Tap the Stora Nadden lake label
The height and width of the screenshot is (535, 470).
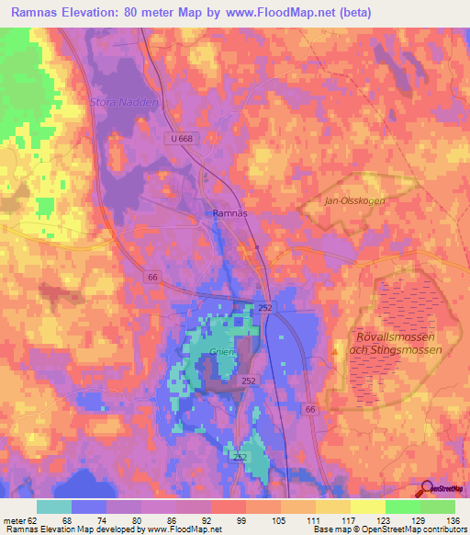click(x=124, y=102)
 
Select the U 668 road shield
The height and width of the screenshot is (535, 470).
click(x=183, y=139)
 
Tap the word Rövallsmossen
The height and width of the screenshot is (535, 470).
click(x=396, y=336)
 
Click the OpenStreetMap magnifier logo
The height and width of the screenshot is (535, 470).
click(x=426, y=487)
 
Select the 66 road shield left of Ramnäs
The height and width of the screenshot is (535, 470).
click(x=152, y=276)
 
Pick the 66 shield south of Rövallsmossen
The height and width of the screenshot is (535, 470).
click(x=310, y=408)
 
